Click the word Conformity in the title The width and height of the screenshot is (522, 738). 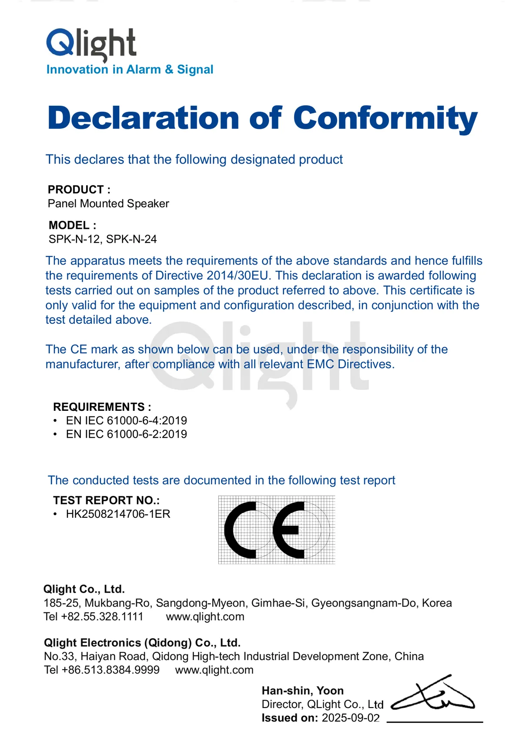pos(385,118)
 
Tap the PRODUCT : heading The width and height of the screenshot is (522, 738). pos(79,190)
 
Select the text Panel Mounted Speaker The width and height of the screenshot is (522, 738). pos(108,204)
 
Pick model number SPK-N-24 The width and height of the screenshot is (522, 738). pos(131,239)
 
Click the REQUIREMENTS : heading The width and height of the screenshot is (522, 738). pos(102,407)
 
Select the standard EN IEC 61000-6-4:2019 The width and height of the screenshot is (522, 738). pos(126,421)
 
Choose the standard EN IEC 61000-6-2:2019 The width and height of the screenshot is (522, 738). pos(126,434)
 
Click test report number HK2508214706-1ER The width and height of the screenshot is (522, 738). pos(118,514)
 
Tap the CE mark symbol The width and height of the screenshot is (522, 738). pos(276,530)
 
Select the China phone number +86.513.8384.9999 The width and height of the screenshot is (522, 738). pos(110,670)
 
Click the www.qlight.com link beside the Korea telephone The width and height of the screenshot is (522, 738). pos(205,617)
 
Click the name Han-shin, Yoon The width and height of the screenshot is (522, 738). pos(303,691)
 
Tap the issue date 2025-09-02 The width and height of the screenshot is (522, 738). pos(351,718)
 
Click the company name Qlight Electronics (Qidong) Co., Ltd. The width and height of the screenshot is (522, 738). pos(142,643)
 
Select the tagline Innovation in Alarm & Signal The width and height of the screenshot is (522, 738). pos(130,70)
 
